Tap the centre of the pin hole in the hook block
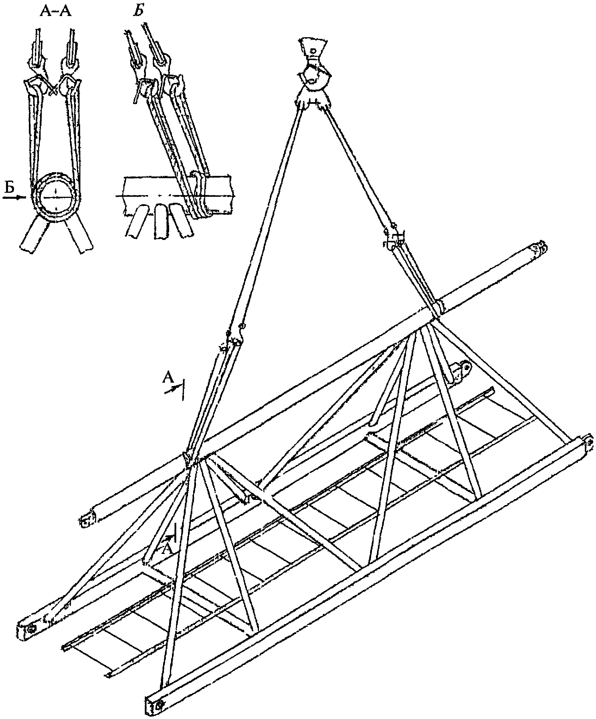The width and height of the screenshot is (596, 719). click(x=313, y=51)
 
